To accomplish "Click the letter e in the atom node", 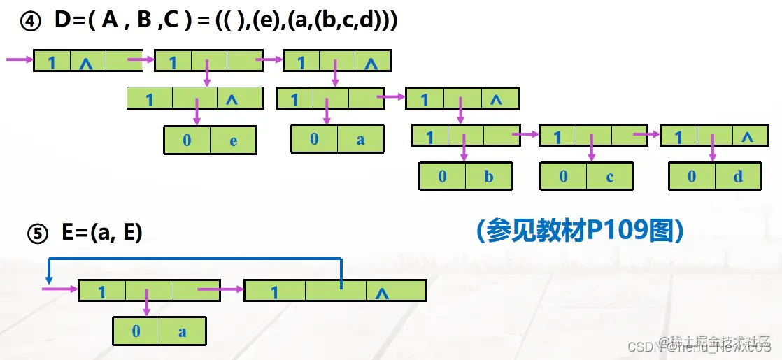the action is tap(233, 140).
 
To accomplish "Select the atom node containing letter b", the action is tap(465, 176).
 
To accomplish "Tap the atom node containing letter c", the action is tap(586, 176).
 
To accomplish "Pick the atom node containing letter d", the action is tap(715, 176).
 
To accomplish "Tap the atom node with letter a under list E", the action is tap(159, 331).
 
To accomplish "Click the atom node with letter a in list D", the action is tap(337, 138).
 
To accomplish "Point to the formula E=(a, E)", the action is tap(102, 233).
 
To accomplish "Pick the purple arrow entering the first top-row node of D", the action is tap(20, 60).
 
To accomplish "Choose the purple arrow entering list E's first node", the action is tap(59, 289).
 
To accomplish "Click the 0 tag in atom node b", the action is tap(442, 176).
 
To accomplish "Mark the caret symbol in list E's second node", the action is tap(381, 291).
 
